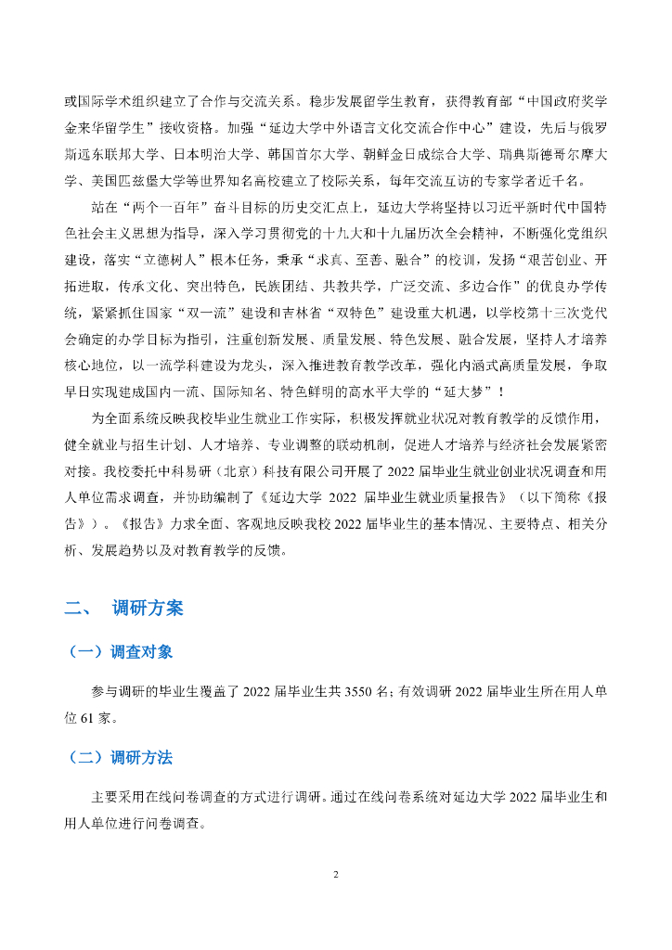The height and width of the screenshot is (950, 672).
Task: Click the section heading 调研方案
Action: tap(148, 608)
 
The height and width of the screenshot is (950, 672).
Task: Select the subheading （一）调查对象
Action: tap(121, 651)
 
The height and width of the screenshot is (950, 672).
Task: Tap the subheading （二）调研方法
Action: tap(121, 757)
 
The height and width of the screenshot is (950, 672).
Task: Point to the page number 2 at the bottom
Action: tap(336, 875)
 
